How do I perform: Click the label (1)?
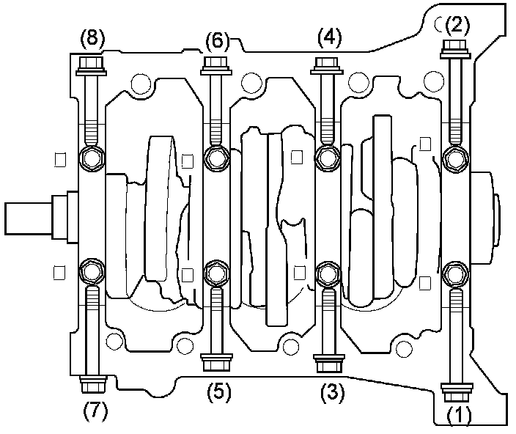pyautogui.click(x=460, y=416)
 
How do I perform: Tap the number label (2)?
pyautogui.click(x=457, y=26)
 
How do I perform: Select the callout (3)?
pyautogui.click(x=331, y=392)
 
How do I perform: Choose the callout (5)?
pyautogui.click(x=217, y=392)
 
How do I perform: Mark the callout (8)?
pyautogui.click(x=92, y=37)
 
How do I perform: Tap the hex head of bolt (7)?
pyautogui.click(x=92, y=383)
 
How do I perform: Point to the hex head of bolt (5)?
pyautogui.click(x=215, y=363)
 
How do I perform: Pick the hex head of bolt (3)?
pyautogui.click(x=327, y=363)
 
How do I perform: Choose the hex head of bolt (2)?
pyautogui.click(x=455, y=49)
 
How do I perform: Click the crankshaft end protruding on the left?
pyautogui.click(x=29, y=217)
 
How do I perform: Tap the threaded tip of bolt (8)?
pyautogui.click(x=92, y=136)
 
